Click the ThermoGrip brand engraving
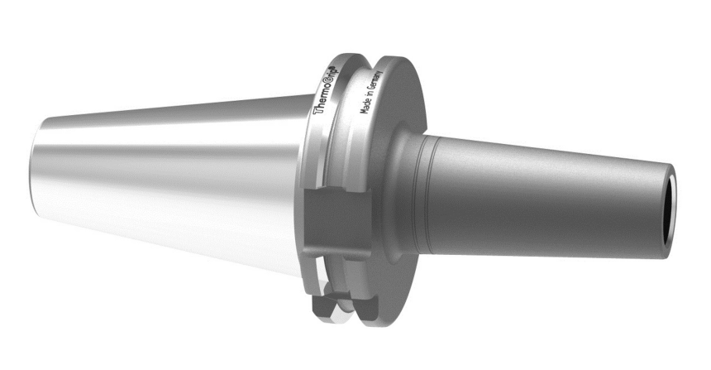coord(327,90)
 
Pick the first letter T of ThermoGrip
coord(318,110)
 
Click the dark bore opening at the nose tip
coord(668,212)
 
